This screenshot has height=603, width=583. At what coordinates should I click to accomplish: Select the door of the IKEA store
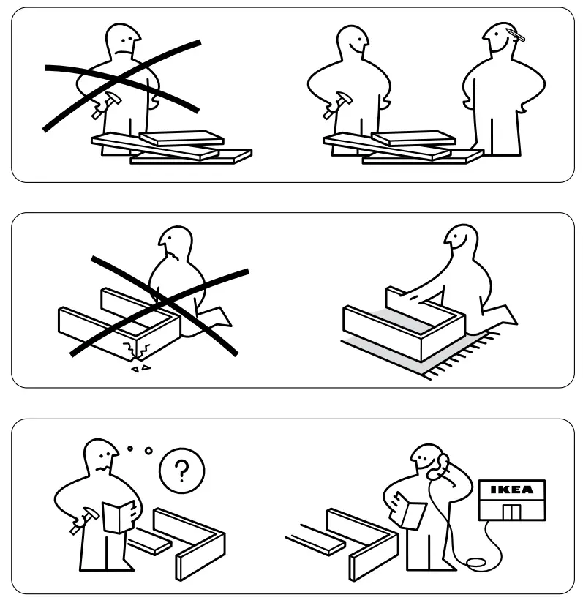pos(511,510)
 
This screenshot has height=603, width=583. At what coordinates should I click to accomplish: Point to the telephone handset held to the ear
pos(440,465)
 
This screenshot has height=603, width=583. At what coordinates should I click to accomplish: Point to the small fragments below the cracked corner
pos(140,369)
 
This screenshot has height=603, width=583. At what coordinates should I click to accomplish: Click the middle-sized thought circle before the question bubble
pos(148,451)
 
